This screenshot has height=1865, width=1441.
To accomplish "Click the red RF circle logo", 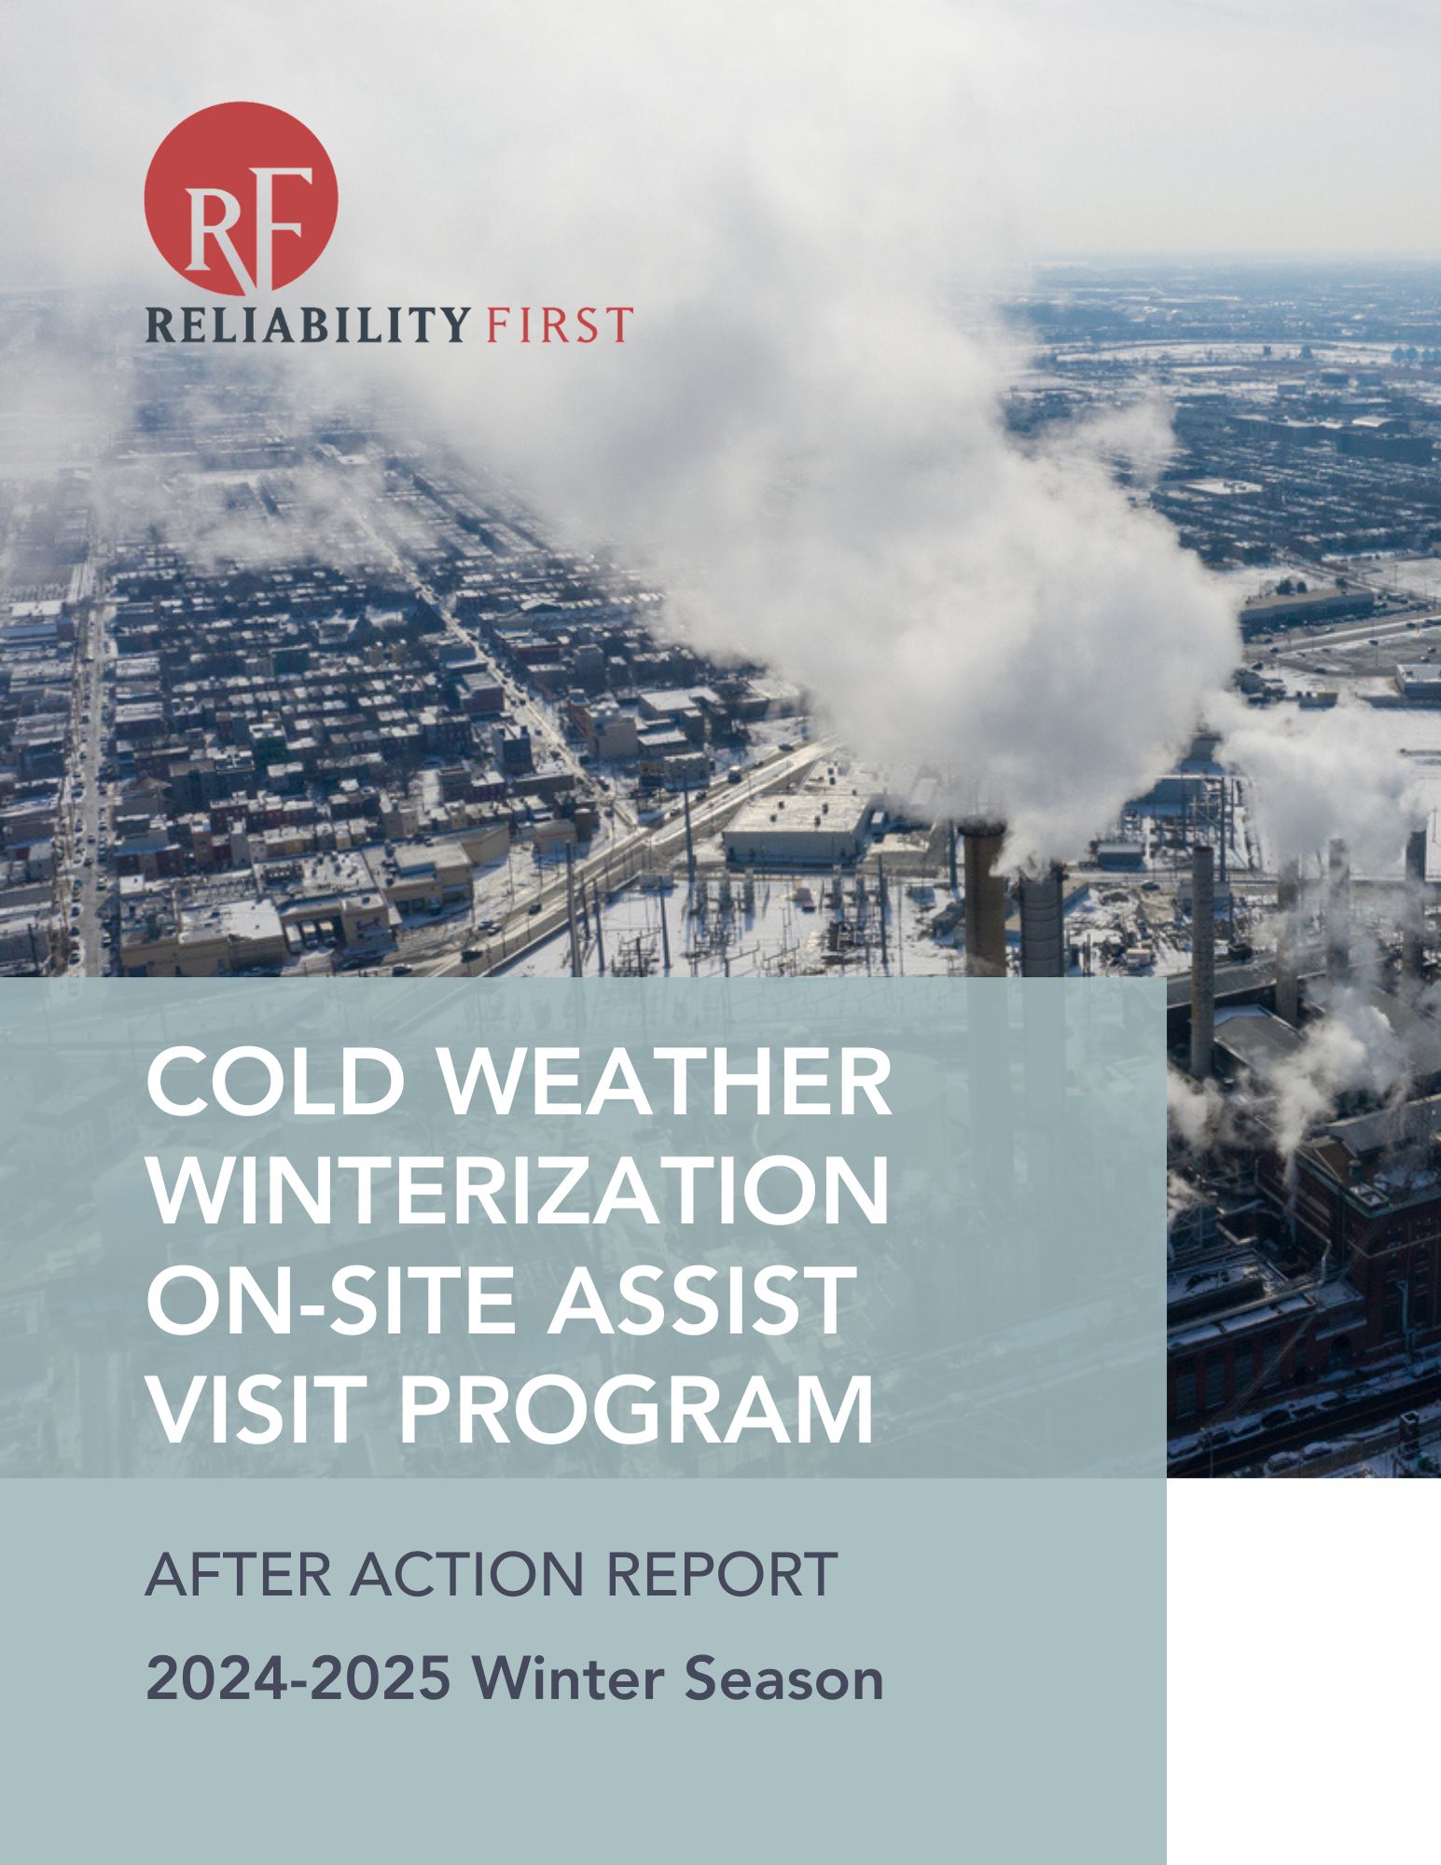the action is tap(241, 199).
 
